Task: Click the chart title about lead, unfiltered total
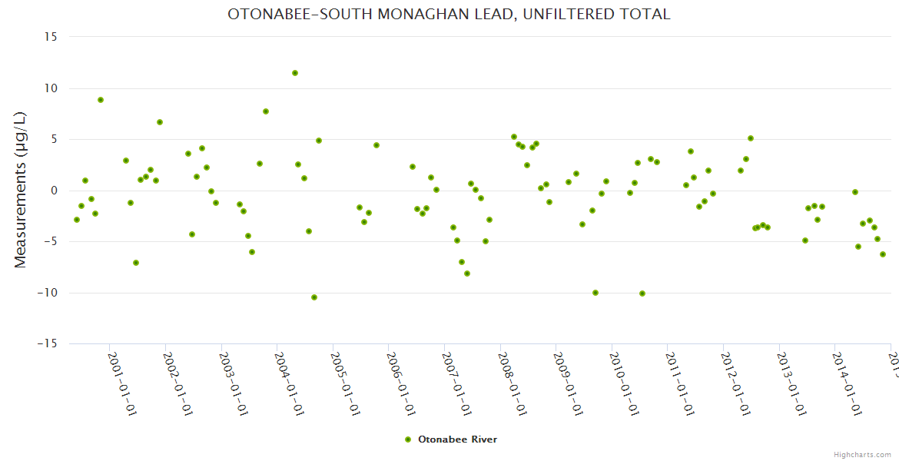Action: (449, 15)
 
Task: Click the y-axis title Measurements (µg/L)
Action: (21, 190)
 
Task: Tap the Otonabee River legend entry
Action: (452, 439)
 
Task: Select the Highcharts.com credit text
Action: (862, 454)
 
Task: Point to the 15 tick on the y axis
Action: (51, 37)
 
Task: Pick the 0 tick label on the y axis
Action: (54, 191)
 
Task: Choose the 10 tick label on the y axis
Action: (51, 88)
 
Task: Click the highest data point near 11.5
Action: (295, 73)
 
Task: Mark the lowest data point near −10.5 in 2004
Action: (314, 297)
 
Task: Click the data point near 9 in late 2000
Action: (101, 100)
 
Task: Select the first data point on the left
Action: (77, 220)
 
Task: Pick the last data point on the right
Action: (883, 254)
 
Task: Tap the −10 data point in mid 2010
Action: (642, 294)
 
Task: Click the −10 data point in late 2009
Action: (595, 293)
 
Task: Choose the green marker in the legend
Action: (409, 439)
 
